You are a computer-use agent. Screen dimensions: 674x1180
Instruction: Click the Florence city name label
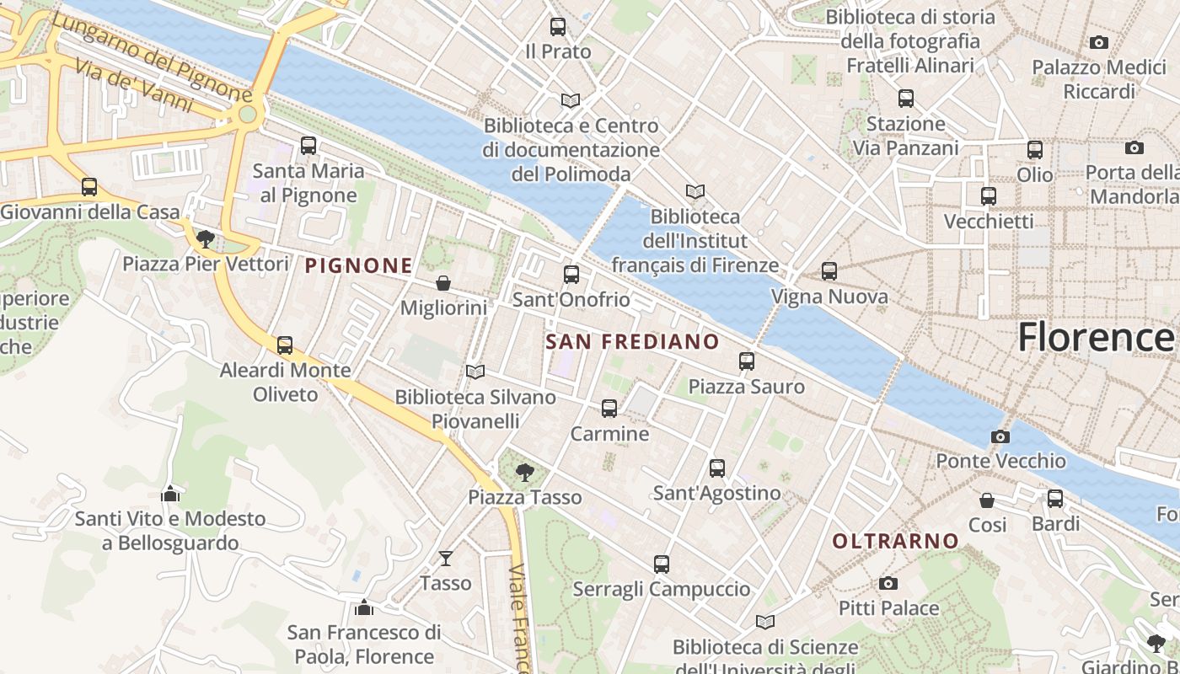(x=1095, y=337)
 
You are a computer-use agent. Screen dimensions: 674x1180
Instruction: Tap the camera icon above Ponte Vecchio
(x=1000, y=436)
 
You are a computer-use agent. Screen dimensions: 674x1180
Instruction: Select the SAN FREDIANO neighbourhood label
(x=632, y=342)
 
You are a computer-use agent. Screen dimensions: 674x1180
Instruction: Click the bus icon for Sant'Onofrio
(x=571, y=274)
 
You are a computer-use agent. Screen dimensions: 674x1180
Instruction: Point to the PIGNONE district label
(x=358, y=266)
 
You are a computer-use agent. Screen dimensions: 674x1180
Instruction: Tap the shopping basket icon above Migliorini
(x=443, y=283)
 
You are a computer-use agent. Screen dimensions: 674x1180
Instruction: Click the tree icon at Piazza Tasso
(x=525, y=472)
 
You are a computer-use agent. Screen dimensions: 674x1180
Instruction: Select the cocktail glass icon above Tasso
(x=445, y=558)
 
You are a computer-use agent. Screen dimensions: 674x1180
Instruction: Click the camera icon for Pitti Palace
(x=888, y=583)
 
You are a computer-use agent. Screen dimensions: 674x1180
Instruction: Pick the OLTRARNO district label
(x=895, y=541)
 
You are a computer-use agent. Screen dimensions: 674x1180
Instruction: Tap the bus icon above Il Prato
(x=558, y=27)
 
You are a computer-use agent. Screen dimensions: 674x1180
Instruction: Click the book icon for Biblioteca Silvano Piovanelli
(x=475, y=372)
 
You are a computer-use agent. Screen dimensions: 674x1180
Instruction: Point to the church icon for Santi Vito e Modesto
(x=170, y=494)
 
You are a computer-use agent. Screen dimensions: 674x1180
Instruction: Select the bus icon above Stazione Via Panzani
(x=906, y=99)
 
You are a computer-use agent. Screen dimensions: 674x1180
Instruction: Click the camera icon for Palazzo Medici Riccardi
(x=1098, y=42)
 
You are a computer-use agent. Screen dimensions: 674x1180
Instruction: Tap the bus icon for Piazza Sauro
(x=747, y=361)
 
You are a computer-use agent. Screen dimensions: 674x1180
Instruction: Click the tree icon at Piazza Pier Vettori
(x=205, y=239)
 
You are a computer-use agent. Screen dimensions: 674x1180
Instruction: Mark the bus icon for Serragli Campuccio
(x=662, y=564)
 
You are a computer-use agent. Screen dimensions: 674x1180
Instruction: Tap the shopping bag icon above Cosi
(x=987, y=500)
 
